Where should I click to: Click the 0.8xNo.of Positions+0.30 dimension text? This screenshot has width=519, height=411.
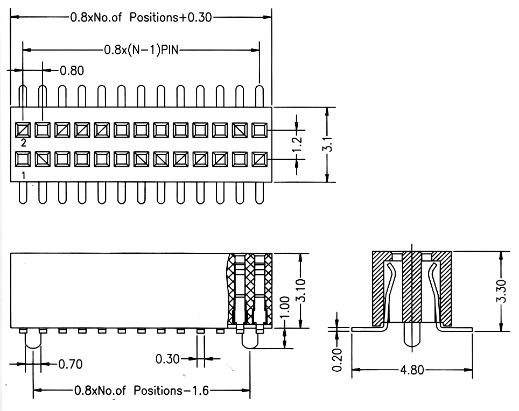coord(141,17)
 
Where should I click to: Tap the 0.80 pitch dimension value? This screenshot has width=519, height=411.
coord(72,70)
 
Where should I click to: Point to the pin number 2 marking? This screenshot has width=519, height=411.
coord(23,143)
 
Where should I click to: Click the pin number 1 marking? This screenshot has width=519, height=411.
coord(23,175)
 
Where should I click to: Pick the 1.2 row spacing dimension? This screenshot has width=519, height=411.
coord(300,145)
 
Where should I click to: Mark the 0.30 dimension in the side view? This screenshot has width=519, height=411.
coord(167,358)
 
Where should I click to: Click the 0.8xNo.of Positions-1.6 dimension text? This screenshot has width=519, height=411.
coord(142,391)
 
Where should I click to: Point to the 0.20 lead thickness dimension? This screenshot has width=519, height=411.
coord(337,360)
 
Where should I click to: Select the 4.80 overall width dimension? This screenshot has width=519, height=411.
coord(413,370)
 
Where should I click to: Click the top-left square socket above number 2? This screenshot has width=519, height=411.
coord(23,130)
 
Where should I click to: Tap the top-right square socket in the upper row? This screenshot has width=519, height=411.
coord(259,130)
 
